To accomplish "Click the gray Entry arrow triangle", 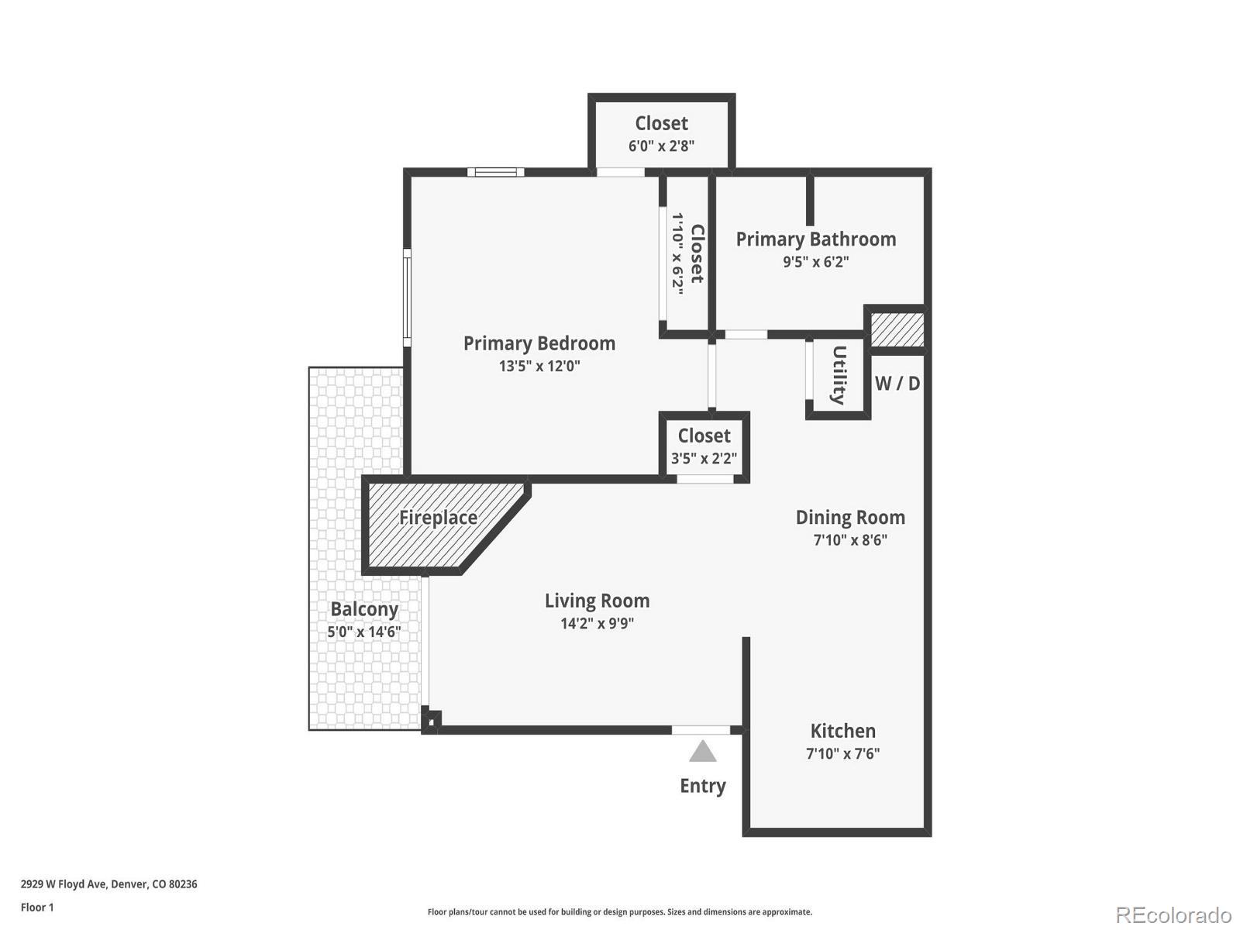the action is (x=702, y=752).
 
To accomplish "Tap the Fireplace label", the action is (x=438, y=518).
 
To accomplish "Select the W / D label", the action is (x=897, y=384).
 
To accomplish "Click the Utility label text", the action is (x=839, y=376).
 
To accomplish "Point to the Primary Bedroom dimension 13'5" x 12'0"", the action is (x=539, y=366).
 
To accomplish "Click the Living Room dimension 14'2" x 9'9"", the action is (x=597, y=623).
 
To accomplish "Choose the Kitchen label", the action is (x=843, y=731).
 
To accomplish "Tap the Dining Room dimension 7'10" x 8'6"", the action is (x=850, y=540).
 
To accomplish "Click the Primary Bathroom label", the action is (x=816, y=239).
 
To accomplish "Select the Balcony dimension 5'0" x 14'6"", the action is (x=363, y=632).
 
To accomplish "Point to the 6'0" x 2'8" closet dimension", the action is (x=661, y=146).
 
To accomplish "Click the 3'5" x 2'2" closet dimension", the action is (x=704, y=458).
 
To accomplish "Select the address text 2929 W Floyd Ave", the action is (x=64, y=884).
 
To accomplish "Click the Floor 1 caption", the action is (x=37, y=908).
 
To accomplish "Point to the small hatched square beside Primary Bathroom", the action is (x=897, y=330).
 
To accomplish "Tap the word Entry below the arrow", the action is (x=703, y=786).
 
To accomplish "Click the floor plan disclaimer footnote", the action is (x=620, y=912).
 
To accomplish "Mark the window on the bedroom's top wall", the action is (x=495, y=172).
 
